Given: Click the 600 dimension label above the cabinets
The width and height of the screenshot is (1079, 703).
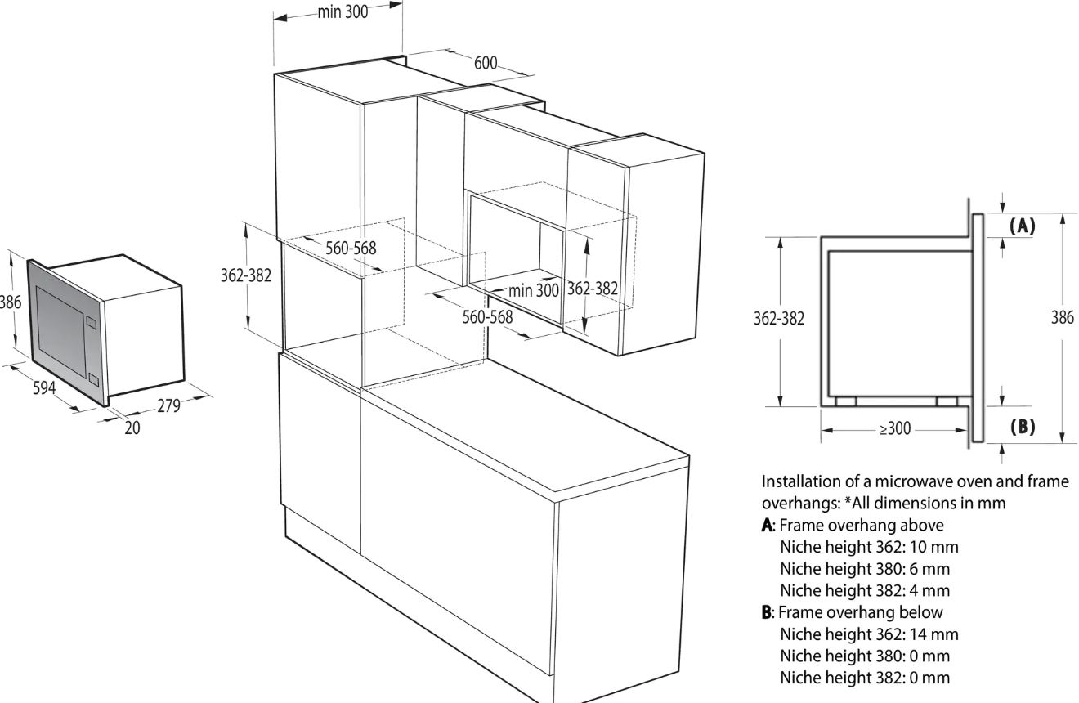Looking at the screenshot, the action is [x=485, y=63].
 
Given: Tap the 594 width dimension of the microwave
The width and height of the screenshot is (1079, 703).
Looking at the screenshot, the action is [x=44, y=387].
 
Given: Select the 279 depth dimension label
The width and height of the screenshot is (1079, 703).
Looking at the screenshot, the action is [x=168, y=405].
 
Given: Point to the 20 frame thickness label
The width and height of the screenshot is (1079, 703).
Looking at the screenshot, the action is [x=132, y=428].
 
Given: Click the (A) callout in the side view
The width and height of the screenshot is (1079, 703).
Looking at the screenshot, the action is [x=1022, y=226].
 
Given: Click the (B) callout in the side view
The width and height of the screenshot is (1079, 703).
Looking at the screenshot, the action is [x=1022, y=427].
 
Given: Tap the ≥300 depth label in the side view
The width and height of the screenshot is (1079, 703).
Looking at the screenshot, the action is [x=895, y=428].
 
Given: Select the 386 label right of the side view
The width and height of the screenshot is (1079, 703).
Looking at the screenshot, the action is [x=1062, y=317].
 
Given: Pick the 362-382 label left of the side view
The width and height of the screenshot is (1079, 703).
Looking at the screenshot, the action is [x=779, y=319].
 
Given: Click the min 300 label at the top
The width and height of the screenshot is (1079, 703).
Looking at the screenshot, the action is [x=343, y=12].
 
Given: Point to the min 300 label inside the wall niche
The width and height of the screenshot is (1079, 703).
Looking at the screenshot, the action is [x=534, y=290].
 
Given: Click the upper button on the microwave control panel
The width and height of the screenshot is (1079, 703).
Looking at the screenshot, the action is [x=92, y=320].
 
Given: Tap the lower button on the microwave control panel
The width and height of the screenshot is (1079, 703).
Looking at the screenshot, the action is [x=93, y=380].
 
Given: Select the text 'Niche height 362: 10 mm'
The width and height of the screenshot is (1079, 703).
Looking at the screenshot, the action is [x=869, y=547].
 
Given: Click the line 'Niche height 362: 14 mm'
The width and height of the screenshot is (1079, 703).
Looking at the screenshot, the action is [x=869, y=634].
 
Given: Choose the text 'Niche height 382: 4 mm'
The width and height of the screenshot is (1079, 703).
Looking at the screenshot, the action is [x=865, y=590].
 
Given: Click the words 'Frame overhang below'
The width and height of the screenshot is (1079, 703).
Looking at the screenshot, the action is [x=860, y=612].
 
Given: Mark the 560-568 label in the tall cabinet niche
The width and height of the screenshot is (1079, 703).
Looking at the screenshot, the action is [x=351, y=249].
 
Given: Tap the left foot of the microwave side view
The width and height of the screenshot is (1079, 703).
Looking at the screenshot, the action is [x=846, y=401].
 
